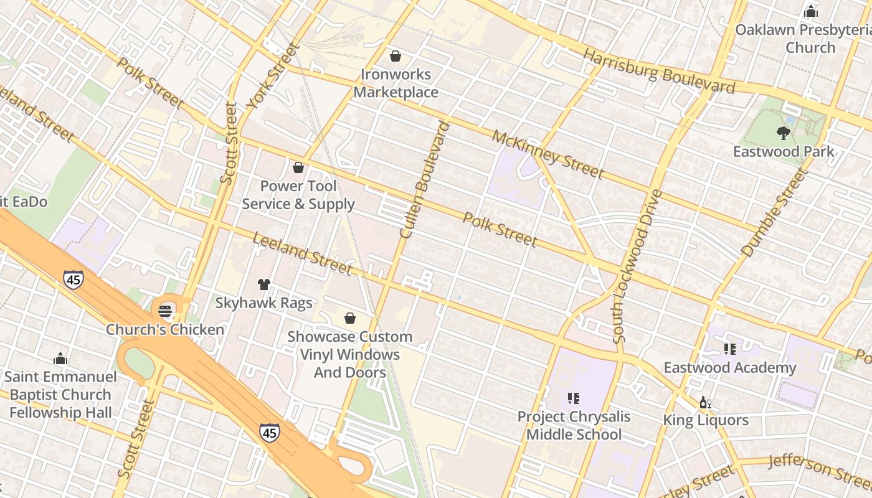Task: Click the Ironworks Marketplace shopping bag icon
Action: pos(395,57)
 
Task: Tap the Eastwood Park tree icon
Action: pos(784,133)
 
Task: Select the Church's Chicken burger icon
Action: pos(165,311)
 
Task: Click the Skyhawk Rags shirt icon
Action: pos(263,284)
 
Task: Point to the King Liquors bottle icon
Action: pos(705,402)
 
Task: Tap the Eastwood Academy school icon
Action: pos(729,349)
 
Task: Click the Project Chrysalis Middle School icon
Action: pos(574,398)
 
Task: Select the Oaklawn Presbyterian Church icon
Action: pos(810,11)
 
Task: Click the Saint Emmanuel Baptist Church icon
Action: pos(60,359)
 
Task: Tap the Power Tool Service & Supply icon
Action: pos(298,167)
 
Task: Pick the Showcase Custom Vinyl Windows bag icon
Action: pos(350,318)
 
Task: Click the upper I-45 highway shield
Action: pos(73,280)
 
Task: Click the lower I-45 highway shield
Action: pos(269,432)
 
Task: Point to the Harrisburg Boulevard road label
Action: pos(658,71)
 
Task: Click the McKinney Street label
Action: pos(547,154)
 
